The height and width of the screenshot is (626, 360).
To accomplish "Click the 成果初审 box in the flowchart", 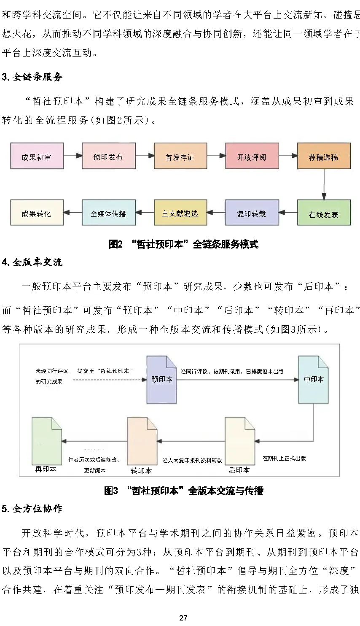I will pyautogui.click(x=37, y=156).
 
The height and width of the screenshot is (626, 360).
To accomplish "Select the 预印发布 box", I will pyautogui.click(x=108, y=156).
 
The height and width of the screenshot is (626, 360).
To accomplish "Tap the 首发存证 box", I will pyautogui.click(x=180, y=156).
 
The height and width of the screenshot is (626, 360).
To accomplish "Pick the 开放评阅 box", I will pyautogui.click(x=252, y=156).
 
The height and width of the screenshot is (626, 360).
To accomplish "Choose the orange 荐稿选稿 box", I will pyautogui.click(x=323, y=156).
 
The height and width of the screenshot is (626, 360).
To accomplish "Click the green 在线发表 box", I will pyautogui.click(x=323, y=213).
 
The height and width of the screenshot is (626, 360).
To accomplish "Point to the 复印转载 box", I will pyautogui.click(x=252, y=213).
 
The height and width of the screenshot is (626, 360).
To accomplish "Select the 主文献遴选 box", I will pyautogui.click(x=180, y=213).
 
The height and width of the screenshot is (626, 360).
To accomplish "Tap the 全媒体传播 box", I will pyautogui.click(x=108, y=213).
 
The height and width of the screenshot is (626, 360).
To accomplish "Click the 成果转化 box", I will pyautogui.click(x=37, y=213).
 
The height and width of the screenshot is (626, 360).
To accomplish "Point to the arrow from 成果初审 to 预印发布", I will pyautogui.click(x=73, y=156).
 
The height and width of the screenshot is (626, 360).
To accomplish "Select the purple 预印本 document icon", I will pyautogui.click(x=162, y=379).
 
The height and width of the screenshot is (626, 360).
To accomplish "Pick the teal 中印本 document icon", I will pyautogui.click(x=314, y=379).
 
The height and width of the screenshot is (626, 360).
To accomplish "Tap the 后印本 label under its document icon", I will pyautogui.click(x=239, y=470).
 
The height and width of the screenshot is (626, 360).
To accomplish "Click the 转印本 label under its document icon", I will pyautogui.click(x=141, y=470).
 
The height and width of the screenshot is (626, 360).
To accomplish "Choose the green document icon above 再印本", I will pyautogui.click(x=47, y=440).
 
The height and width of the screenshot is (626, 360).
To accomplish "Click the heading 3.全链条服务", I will pyautogui.click(x=32, y=77).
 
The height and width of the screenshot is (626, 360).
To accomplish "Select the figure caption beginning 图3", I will pyautogui.click(x=184, y=491).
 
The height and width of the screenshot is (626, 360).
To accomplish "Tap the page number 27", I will pyautogui.click(x=183, y=618).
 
